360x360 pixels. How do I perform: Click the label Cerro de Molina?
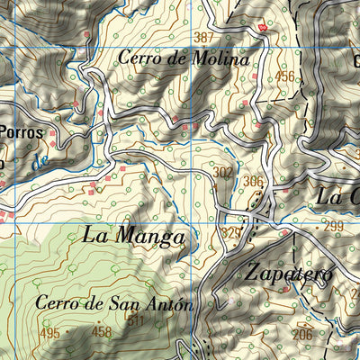point(183,58)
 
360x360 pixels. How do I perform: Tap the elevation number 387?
point(204,37)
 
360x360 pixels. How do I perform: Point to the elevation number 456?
point(285,76)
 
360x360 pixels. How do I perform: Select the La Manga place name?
point(134,237)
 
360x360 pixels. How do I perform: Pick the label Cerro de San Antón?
point(114,303)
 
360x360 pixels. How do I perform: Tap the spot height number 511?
point(136,320)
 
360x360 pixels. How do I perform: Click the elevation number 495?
point(49,333)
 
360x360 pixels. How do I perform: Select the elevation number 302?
point(223,171)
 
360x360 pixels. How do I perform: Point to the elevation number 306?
point(253,181)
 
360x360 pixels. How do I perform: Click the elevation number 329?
point(230,232)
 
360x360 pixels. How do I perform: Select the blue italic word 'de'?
point(37,163)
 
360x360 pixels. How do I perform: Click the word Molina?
point(218,58)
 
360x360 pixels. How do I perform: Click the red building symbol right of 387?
point(263,29)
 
